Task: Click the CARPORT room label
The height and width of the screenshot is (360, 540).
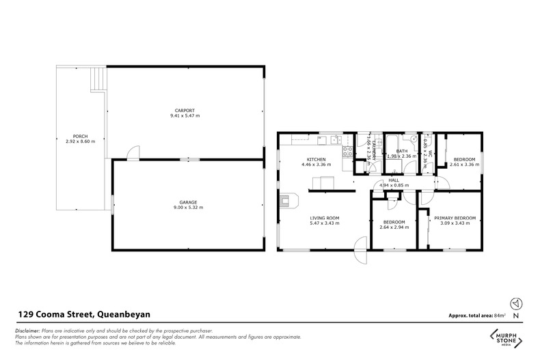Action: (x=185, y=111)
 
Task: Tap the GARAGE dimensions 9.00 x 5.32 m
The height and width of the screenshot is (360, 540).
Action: (x=189, y=207)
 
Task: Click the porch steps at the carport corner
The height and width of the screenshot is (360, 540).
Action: (x=99, y=79)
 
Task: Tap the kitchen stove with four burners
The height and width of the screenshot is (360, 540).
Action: (x=347, y=152)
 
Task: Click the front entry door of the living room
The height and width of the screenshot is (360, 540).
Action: (x=360, y=252)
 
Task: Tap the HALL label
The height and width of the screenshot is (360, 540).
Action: (x=394, y=180)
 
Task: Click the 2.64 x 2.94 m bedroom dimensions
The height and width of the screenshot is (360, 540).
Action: (x=394, y=227)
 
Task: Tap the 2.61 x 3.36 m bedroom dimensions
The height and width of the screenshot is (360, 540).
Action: (x=463, y=165)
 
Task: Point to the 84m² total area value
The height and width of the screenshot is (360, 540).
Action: (x=504, y=316)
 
